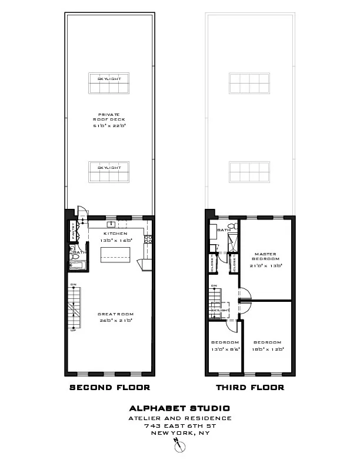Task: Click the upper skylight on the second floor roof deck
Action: tap(109, 83)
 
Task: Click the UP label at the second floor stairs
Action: tap(74, 330)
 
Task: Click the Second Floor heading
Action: tap(109, 388)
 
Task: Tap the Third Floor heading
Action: tap(250, 388)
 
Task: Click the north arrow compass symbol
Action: tap(179, 448)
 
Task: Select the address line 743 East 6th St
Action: tap(179, 425)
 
